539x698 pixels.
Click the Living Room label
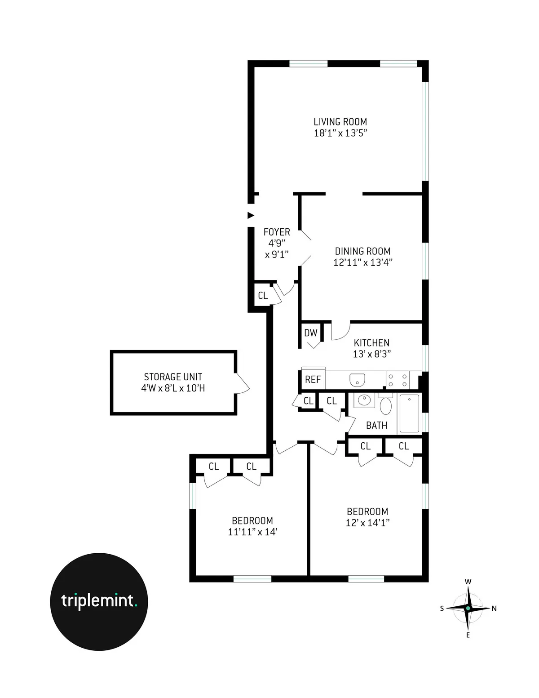coord(340,122)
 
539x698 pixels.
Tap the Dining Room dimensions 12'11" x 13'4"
coord(362,262)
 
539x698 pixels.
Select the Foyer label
coord(277,232)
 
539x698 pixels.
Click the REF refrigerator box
coord(313,379)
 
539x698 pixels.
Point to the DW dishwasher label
coord(310,333)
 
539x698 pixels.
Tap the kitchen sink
coord(358,379)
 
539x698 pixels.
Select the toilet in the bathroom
coord(385,405)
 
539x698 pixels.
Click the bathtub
coord(409,413)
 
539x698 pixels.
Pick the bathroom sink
coord(364,400)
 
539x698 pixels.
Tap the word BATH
coord(376,425)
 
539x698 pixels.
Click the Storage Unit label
coord(173,377)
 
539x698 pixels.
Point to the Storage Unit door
coord(242,383)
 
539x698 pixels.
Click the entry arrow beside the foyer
coord(251,215)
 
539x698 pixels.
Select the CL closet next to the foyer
coord(263,296)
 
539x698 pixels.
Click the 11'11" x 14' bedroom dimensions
coord(252,532)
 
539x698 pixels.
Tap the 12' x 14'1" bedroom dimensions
coord(367,523)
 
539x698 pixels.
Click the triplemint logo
coord(99,601)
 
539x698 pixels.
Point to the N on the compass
coord(494,609)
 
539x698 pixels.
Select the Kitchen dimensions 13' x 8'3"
coord(371,354)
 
